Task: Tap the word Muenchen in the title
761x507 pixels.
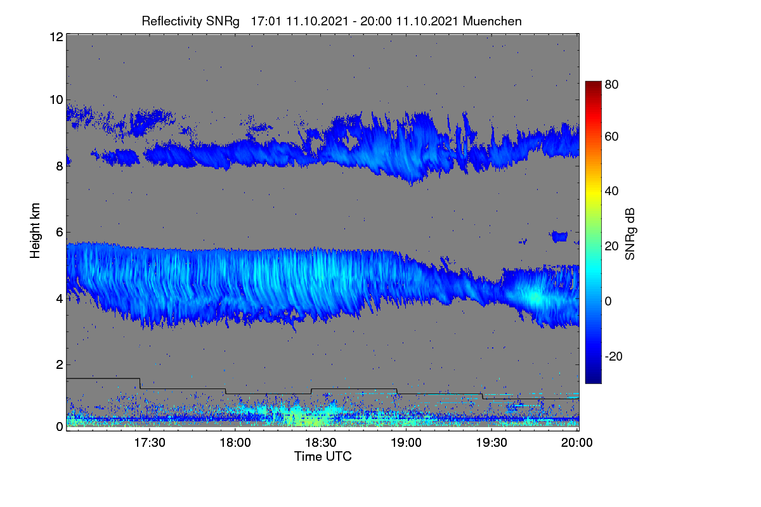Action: click(492, 22)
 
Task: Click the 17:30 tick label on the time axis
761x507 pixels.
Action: click(150, 442)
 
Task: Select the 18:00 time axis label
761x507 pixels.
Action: click(235, 442)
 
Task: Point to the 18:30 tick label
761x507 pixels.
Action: click(321, 442)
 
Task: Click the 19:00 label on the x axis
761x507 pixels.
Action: click(406, 442)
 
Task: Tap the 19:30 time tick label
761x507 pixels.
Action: click(491, 442)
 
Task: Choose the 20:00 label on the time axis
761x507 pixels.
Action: click(577, 442)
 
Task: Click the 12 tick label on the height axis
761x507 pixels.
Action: click(56, 37)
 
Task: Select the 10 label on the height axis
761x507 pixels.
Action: click(56, 100)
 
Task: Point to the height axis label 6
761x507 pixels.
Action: click(60, 233)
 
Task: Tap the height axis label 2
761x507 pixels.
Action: click(60, 364)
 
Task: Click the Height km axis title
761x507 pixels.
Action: click(35, 231)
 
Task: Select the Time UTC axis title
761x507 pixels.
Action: click(323, 456)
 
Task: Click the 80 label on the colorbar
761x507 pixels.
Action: click(611, 84)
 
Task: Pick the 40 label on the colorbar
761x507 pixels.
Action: click(611, 191)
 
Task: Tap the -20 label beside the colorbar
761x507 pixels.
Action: click(614, 356)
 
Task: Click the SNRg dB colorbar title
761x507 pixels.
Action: click(630, 234)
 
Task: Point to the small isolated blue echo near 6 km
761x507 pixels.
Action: click(559, 236)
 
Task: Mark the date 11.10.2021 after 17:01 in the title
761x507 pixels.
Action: click(317, 22)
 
